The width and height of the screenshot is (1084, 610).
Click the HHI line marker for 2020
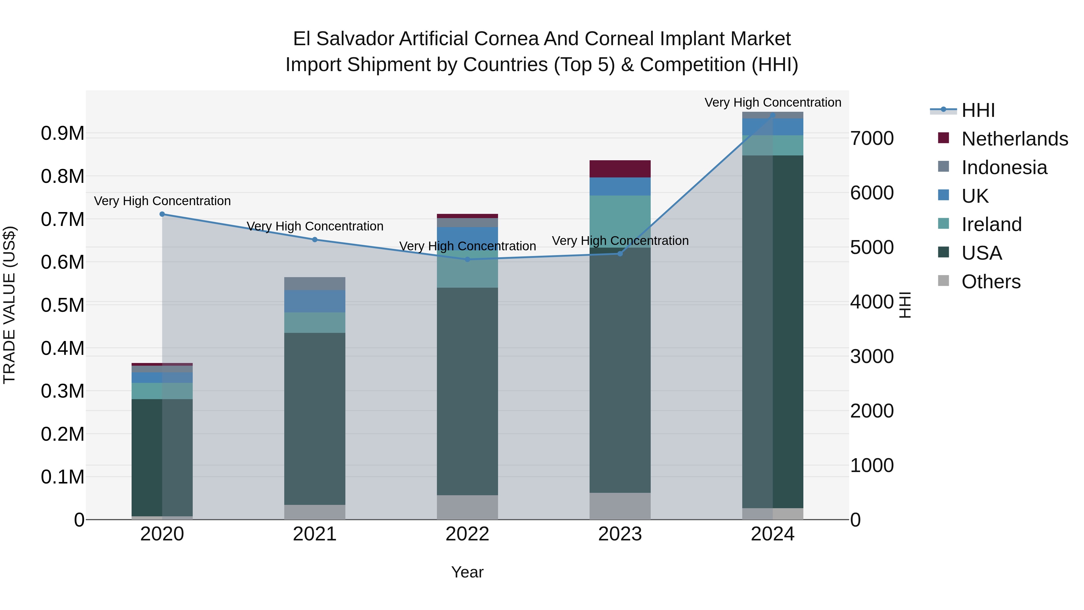pos(162,214)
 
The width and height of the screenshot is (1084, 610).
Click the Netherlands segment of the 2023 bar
pos(620,169)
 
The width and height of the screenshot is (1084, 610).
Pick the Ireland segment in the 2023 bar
pos(620,221)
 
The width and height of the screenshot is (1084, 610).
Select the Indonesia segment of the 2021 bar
pos(315,283)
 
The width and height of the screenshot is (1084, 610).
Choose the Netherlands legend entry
pos(1014,139)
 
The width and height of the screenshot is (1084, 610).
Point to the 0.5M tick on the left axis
pos(62,305)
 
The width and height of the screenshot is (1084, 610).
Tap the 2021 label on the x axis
pos(315,534)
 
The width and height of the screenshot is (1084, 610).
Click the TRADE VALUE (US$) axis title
pos(9,305)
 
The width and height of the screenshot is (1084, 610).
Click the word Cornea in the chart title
pos(510,39)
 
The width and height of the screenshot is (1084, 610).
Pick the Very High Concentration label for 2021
pos(315,227)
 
